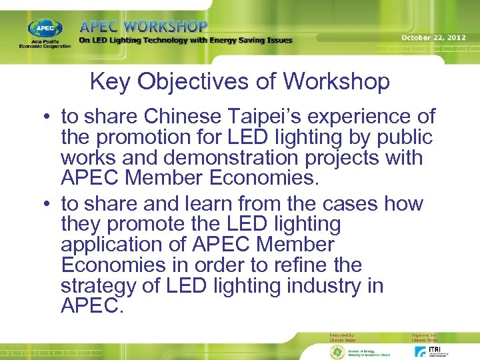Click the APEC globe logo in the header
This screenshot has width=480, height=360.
(x=45, y=29)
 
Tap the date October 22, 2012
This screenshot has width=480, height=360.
(x=433, y=38)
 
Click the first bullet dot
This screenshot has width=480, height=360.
(x=50, y=117)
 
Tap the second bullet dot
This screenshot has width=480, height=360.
(x=50, y=203)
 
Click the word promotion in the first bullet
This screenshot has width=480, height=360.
(x=147, y=137)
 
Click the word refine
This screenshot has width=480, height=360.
(x=301, y=265)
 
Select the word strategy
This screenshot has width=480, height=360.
(x=99, y=286)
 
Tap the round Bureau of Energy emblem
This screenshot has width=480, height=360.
(x=337, y=351)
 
